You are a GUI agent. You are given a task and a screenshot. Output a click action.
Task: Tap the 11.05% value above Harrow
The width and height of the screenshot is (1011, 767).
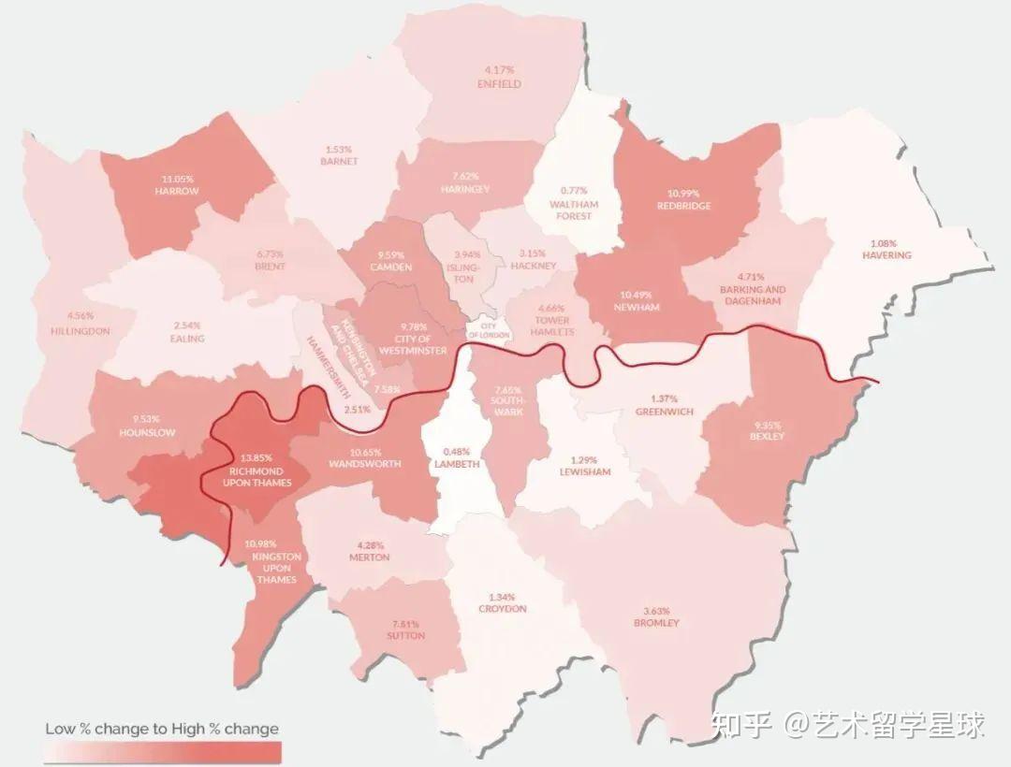click(177, 179)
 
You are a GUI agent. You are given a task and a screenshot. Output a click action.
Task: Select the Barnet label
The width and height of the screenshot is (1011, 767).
click(339, 161)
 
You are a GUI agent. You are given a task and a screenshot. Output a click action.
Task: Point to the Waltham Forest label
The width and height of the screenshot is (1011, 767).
click(574, 210)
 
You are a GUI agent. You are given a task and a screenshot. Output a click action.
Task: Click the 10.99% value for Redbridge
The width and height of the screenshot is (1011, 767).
click(683, 193)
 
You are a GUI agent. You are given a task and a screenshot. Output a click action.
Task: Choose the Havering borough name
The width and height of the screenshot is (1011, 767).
click(886, 255)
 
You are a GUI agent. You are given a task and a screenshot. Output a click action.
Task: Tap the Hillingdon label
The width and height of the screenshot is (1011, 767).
click(81, 331)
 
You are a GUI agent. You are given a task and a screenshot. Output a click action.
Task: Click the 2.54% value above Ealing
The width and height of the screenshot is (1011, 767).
click(187, 326)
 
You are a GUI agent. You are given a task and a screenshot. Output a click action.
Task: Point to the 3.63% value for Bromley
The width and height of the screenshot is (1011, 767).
click(656, 610)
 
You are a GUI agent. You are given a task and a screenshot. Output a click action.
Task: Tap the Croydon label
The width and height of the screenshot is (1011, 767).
click(502, 609)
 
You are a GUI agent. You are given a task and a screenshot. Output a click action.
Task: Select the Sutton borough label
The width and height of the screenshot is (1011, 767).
click(404, 636)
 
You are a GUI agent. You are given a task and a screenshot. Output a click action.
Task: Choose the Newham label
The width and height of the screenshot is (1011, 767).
click(637, 307)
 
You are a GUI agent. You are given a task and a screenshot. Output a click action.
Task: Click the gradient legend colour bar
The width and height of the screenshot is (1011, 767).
click(163, 751)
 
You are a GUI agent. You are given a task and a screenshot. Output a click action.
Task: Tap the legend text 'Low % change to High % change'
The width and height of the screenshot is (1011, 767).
click(162, 729)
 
